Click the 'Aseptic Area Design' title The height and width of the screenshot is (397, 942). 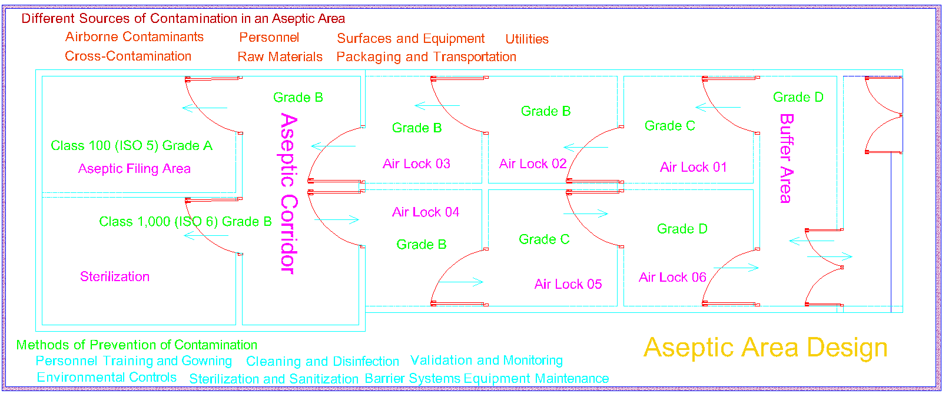(x=765, y=348)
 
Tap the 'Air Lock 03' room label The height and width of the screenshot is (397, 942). (x=416, y=164)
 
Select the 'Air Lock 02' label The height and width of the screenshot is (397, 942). (x=533, y=164)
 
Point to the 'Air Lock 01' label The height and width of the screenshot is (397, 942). (x=693, y=167)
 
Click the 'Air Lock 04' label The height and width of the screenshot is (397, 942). (x=426, y=212)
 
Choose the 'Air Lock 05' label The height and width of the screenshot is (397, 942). (x=568, y=284)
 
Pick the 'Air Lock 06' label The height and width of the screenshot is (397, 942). (x=672, y=277)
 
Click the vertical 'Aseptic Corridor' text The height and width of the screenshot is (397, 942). (x=288, y=193)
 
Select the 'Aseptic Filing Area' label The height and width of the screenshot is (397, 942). (x=134, y=169)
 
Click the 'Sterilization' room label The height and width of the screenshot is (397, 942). (x=115, y=276)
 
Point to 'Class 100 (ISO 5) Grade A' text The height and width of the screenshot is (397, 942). (x=131, y=145)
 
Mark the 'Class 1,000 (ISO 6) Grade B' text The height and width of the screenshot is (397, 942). (x=185, y=222)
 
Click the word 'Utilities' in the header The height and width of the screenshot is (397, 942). (x=527, y=39)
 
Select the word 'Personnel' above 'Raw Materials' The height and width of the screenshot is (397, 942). (x=269, y=37)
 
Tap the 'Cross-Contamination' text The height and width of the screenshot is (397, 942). (x=128, y=56)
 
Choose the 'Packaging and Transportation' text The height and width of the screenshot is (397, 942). (x=426, y=56)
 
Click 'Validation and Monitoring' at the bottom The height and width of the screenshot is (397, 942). (x=486, y=360)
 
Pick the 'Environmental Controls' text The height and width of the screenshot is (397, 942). (x=107, y=377)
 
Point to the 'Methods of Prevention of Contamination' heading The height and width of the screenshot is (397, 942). (x=137, y=345)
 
